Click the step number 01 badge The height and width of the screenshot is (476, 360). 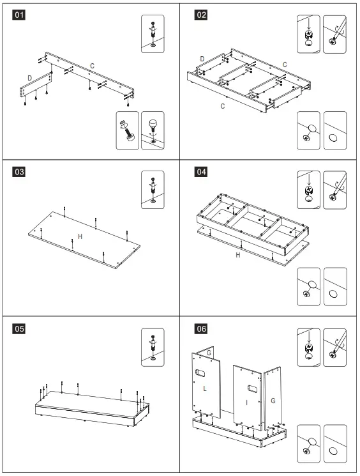coord(19,15)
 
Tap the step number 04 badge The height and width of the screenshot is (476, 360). coord(201,172)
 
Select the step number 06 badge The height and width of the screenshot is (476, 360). coord(201,329)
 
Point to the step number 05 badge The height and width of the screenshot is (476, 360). coord(19,329)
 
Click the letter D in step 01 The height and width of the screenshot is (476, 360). coord(30,78)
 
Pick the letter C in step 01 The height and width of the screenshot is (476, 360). coord(92,66)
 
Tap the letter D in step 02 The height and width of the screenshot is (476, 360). coord(202,59)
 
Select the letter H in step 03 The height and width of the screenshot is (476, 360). coord(80,236)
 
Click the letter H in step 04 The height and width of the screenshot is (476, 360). coord(238,255)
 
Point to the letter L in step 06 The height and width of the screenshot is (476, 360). coord(205,388)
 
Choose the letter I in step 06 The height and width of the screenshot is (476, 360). coord(246,403)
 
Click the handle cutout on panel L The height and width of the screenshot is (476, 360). coord(200,372)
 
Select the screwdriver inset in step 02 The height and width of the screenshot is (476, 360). coord(335,35)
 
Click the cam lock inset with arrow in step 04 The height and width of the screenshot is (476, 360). coord(308,190)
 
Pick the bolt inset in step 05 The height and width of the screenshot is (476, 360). coord(153,348)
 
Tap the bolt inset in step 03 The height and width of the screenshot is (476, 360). coord(153,190)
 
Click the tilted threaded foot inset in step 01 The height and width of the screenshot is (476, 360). coord(128,130)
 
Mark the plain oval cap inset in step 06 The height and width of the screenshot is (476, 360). coord(335,444)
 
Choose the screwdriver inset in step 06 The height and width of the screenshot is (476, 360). coord(335,348)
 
